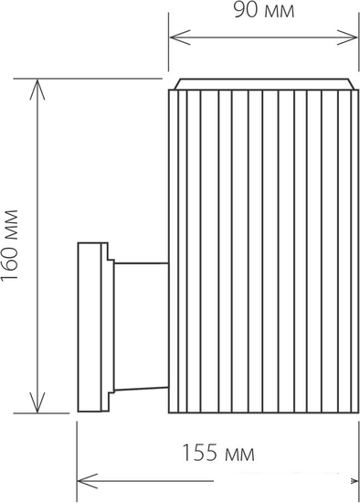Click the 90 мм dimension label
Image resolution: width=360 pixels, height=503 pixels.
(x=263, y=11)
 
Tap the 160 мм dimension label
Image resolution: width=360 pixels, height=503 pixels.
(x=9, y=246)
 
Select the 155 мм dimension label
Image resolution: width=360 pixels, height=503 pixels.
(x=218, y=453)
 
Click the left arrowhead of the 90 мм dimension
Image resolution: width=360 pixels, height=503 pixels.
(x=180, y=37)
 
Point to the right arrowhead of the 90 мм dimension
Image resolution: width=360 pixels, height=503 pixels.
(x=347, y=37)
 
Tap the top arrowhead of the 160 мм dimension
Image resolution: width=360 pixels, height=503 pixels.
(x=37, y=90)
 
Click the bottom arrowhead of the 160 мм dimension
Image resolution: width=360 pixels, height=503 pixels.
(x=37, y=402)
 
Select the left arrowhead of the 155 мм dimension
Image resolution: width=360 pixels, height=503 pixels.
(x=87, y=481)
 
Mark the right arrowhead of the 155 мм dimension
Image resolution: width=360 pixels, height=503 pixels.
(x=355, y=481)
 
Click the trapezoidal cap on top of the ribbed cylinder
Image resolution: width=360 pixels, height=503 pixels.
(x=264, y=84)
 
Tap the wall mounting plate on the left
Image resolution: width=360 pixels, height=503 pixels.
(x=92, y=326)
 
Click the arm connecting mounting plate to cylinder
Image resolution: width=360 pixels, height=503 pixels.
(x=142, y=326)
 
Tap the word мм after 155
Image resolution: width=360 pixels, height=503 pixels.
(x=240, y=455)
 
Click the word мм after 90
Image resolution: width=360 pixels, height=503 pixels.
(x=280, y=13)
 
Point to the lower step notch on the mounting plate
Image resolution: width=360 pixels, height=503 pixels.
(x=111, y=401)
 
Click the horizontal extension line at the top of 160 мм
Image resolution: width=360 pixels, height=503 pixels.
(x=88, y=79)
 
